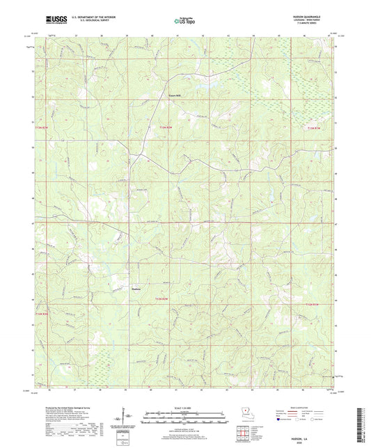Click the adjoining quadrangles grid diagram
pyautogui.click(x=243, y=431)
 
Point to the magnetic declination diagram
pyautogui.click(x=123, y=419)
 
